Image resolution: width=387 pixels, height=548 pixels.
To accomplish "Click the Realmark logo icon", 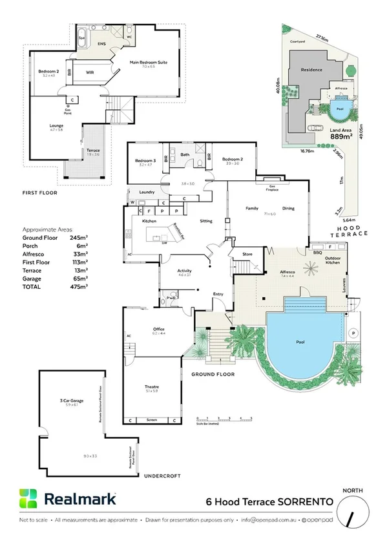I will click(x=28, y=499).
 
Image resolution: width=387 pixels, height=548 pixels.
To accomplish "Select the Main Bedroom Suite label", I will click(x=149, y=63).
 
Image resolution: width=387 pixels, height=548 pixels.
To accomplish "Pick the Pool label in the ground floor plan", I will click(x=300, y=341).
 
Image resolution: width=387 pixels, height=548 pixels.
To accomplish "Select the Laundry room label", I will click(x=145, y=192).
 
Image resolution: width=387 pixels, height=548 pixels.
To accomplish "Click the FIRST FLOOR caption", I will click(x=39, y=193).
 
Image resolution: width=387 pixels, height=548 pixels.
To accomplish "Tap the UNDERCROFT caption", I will click(x=159, y=475).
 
